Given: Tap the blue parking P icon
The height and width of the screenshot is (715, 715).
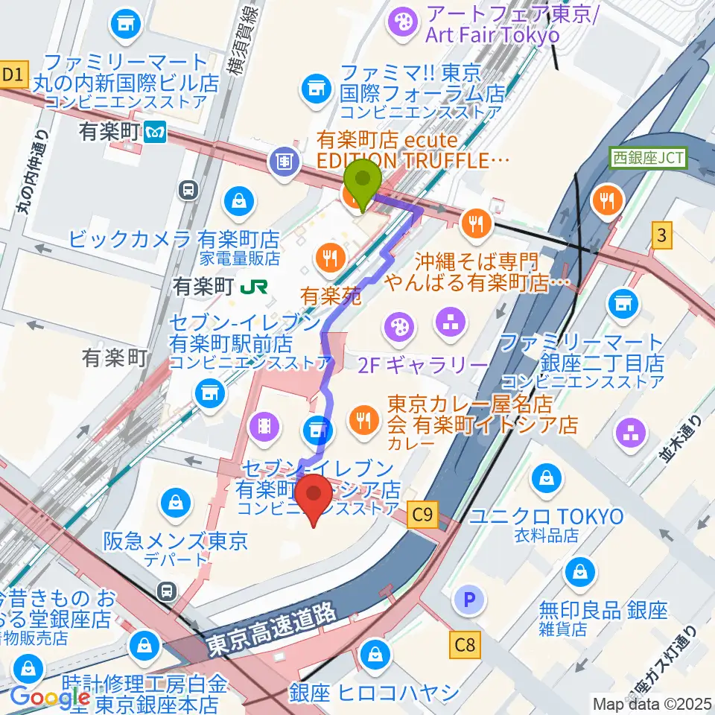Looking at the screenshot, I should tap(470, 600).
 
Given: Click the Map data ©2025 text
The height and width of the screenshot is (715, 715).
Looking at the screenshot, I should tap(652, 702).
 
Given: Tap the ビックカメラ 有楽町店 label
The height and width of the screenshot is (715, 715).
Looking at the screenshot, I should tap(174, 240).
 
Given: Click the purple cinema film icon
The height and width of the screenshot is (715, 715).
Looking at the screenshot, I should tap(266, 426).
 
